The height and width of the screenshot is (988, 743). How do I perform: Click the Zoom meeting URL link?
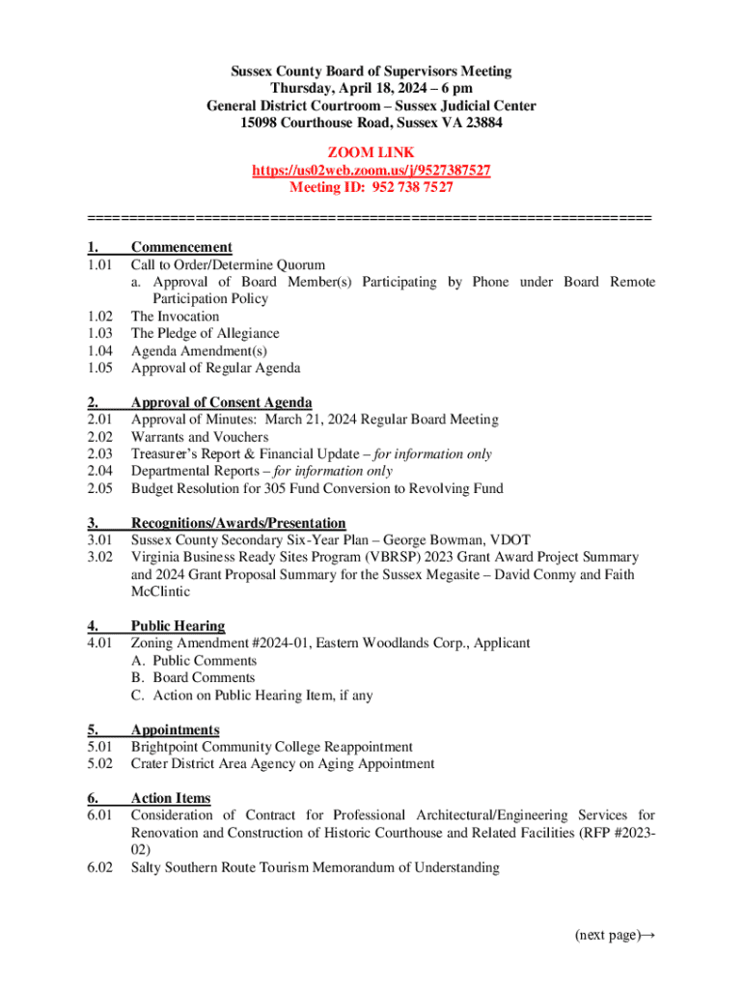[x=371, y=171]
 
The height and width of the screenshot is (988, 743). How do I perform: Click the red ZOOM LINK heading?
[x=371, y=153]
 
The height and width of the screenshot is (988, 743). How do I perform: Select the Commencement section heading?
[x=181, y=247]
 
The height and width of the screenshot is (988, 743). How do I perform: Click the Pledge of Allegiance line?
[x=205, y=334]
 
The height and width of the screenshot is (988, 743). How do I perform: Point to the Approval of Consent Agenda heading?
[x=221, y=402]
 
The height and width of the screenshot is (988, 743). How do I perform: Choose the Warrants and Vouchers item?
[x=200, y=437]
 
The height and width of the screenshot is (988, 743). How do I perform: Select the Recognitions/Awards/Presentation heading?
[x=238, y=524]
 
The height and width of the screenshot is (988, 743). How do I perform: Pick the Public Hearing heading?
[x=178, y=626]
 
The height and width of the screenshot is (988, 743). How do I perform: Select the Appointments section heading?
[x=175, y=730]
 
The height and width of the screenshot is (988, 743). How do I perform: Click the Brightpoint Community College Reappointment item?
[x=272, y=748]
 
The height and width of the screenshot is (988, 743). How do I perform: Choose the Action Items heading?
[x=171, y=799]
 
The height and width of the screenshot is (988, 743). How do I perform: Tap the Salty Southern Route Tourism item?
[x=315, y=868]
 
